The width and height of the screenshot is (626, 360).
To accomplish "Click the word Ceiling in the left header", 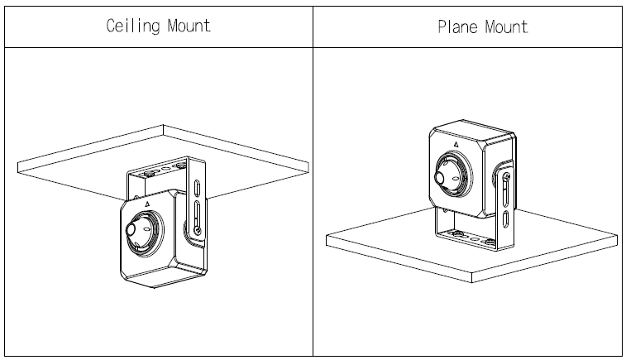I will pos(132,25).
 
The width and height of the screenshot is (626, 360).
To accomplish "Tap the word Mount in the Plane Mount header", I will pos(506,26).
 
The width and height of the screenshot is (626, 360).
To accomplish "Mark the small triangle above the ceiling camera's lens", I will pos(146,201).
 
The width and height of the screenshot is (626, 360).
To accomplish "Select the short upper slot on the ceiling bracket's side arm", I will pos(198,186).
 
